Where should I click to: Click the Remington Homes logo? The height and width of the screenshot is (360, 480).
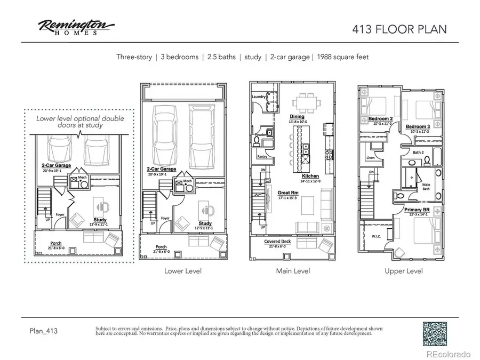(75, 27)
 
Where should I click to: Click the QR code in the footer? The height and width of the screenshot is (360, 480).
(435, 334)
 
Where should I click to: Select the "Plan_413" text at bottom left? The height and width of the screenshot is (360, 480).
(43, 331)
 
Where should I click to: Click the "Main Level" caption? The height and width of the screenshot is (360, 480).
(293, 271)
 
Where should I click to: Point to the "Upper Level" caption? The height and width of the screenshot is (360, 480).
(404, 271)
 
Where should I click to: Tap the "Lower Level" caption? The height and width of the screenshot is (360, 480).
(183, 271)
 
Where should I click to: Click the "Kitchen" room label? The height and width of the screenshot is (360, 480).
(310, 176)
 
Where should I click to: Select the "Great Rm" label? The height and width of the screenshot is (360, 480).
(287, 193)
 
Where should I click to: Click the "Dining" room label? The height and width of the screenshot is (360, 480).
(297, 116)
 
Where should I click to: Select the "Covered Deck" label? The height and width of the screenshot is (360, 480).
(277, 242)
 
